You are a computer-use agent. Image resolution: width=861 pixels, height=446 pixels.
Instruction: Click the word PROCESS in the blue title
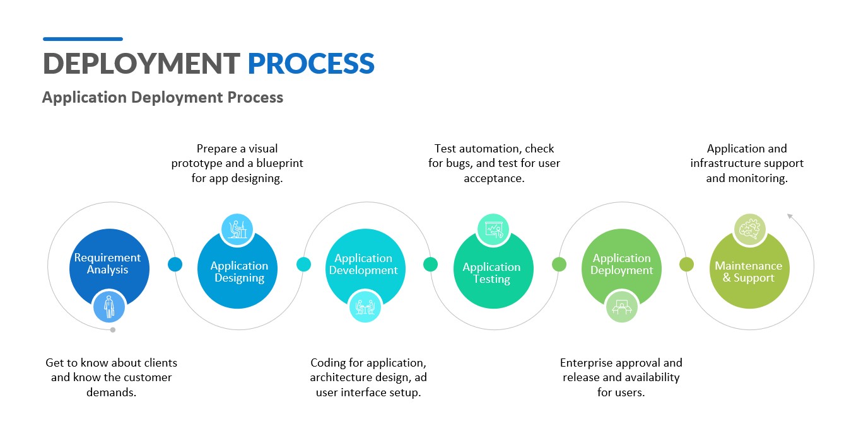(311, 64)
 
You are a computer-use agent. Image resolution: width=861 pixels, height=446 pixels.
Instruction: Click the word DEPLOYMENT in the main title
(141, 64)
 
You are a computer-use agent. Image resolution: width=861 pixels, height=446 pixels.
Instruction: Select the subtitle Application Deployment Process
(163, 98)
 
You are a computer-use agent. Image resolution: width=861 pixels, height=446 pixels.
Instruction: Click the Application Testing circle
(492, 272)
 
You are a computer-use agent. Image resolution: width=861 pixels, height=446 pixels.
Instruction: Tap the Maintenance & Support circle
(749, 272)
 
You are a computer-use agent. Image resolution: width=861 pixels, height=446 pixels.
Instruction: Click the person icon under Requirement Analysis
(109, 307)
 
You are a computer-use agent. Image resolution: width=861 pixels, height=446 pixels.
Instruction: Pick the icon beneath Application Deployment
(621, 307)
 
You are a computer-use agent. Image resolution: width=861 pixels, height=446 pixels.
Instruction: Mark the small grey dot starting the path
(113, 329)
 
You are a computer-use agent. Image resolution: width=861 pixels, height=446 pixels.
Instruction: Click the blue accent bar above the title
(83, 39)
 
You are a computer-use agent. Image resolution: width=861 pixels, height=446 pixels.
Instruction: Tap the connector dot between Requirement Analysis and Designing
(175, 265)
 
